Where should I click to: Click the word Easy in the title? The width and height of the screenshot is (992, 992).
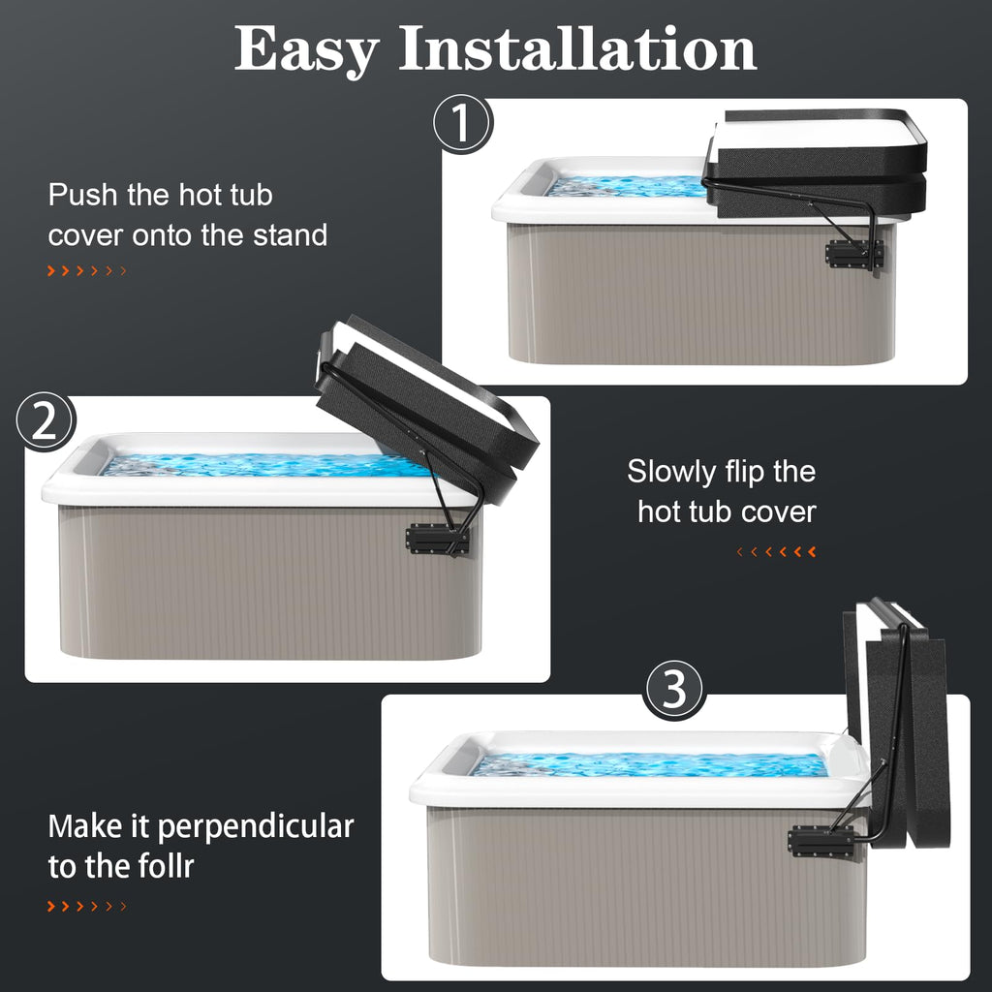pos(307,50)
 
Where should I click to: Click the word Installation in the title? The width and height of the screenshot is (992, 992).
pos(577,48)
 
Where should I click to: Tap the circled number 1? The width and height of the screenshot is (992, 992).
pos(462,123)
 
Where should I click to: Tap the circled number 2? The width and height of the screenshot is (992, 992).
pos(46,421)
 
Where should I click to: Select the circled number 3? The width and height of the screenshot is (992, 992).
pos(674,690)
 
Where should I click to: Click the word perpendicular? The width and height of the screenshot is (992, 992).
pos(256,827)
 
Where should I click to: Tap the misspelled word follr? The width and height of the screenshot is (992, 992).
pos(162,866)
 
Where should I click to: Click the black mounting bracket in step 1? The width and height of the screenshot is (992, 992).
pos(854,255)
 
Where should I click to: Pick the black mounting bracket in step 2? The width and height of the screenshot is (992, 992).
pos(438,540)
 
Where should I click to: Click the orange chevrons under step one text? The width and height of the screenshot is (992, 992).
pos(87,271)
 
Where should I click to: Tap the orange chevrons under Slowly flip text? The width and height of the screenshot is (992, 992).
pos(776,551)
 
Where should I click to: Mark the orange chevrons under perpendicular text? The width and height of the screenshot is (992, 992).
pos(87,906)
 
